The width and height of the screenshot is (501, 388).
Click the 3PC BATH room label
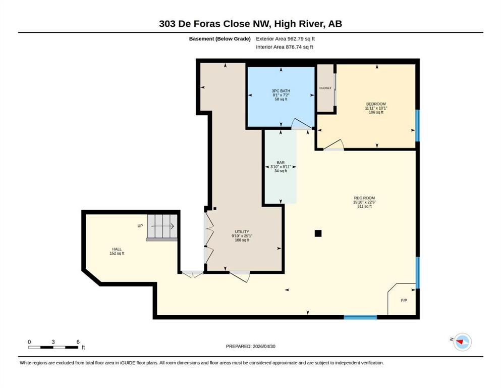click(x=281, y=91)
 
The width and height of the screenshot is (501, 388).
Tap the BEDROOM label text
click(x=376, y=104)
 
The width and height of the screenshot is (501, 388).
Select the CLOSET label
click(x=325, y=88)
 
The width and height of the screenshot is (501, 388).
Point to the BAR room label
click(x=281, y=163)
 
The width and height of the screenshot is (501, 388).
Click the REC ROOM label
click(x=364, y=198)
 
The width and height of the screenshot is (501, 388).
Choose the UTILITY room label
click(x=242, y=231)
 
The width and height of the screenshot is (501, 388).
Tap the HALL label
click(x=117, y=249)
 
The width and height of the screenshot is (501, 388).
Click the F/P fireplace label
click(x=404, y=301)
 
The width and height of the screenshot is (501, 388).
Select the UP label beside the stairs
click(x=140, y=226)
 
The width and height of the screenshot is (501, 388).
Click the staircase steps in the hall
click(x=162, y=226)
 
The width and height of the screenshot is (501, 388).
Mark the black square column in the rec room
click(x=318, y=233)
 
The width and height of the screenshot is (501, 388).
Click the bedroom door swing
click(x=333, y=145)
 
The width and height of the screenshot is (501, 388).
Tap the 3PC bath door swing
click(x=301, y=124)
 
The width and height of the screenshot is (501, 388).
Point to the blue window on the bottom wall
click(x=360, y=317)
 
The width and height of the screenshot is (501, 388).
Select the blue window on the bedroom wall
click(x=417, y=125)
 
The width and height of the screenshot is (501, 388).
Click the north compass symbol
click(x=462, y=342)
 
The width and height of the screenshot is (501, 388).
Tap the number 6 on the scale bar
click(x=78, y=342)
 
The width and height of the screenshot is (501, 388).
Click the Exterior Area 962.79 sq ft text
click(x=286, y=39)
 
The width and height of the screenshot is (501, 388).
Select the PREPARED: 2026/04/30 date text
click(x=250, y=346)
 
